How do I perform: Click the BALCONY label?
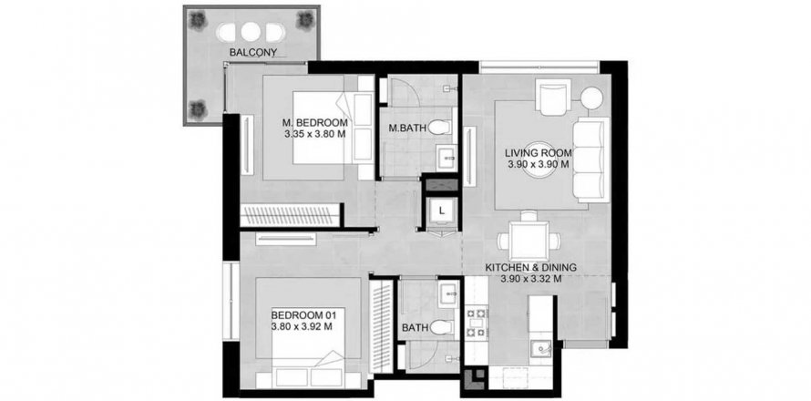(253, 52)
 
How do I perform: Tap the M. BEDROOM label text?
(315, 123)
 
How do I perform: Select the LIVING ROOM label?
(538, 153)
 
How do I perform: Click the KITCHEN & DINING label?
(530, 268)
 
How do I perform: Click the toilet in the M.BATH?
(440, 127)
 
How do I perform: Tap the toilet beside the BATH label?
(441, 327)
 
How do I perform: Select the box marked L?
(441, 211)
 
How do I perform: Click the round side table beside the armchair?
(591, 98)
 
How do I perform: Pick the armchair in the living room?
(554, 97)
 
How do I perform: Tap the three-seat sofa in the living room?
(591, 159)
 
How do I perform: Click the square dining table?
(529, 241)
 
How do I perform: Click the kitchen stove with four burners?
(477, 323)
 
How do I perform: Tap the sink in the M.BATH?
(446, 157)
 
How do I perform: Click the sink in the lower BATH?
(447, 295)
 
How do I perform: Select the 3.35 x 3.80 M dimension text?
(315, 133)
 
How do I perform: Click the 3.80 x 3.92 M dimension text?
(302, 326)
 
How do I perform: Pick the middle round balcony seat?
(251, 33)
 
